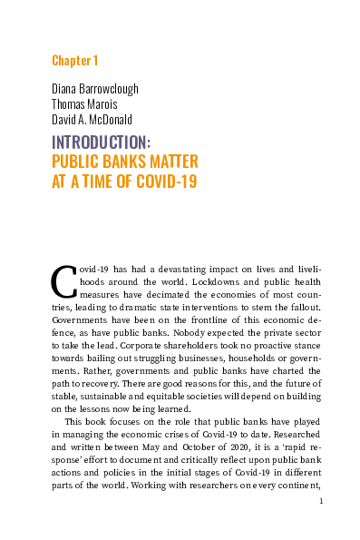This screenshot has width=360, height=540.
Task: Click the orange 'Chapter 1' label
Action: [75, 61]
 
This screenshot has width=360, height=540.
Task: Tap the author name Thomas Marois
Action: [91, 104]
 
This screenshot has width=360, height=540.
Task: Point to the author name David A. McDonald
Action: [97, 119]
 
